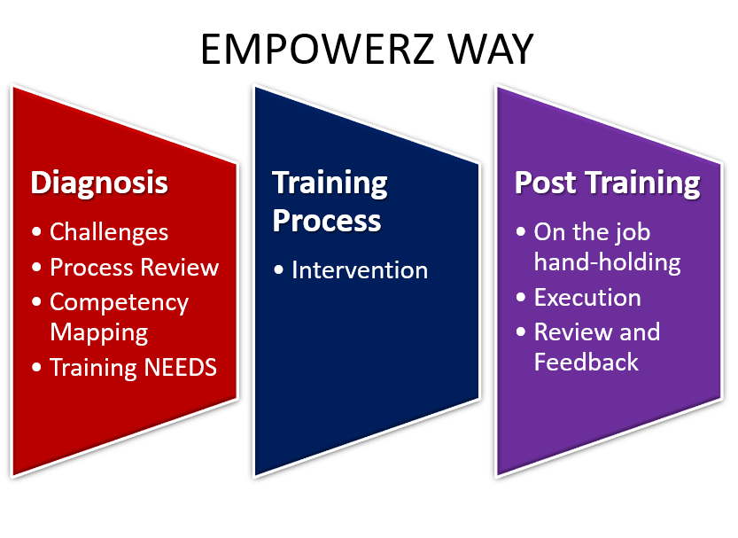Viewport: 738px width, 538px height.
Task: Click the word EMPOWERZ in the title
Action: tap(317, 49)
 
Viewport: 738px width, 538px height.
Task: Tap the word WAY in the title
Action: tap(490, 49)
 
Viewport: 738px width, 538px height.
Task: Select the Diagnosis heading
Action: tap(99, 183)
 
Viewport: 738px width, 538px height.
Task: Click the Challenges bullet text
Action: tap(109, 232)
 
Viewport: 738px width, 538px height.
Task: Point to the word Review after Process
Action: tap(180, 267)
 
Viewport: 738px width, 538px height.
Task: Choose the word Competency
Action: tap(119, 302)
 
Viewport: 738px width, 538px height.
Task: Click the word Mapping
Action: tap(99, 332)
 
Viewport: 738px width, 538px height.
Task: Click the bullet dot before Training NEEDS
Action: tap(36, 367)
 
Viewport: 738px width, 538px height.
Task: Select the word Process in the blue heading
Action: tap(327, 221)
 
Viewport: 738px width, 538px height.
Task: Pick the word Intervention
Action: tap(360, 270)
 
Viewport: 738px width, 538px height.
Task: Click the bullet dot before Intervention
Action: tap(278, 269)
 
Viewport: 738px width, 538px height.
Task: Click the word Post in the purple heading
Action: tap(545, 183)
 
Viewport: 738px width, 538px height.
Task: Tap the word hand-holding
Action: tap(607, 262)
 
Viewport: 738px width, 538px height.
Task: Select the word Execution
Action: tap(587, 298)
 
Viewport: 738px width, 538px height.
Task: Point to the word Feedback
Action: tap(586, 362)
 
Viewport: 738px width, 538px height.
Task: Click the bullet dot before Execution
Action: tap(521, 298)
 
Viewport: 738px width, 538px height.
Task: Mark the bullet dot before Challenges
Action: tap(36, 231)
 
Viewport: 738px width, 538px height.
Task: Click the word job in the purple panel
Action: tap(635, 233)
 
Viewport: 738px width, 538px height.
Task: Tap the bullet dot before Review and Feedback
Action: tap(521, 331)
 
